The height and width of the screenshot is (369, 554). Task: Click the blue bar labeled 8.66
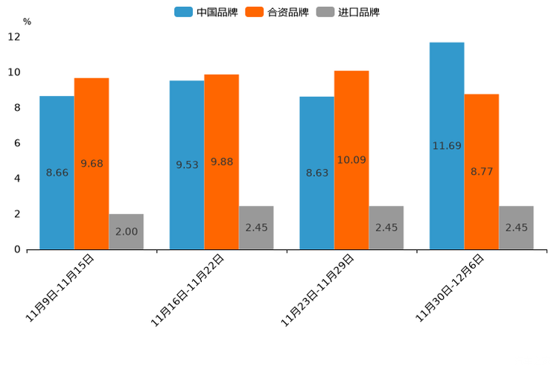[57, 173]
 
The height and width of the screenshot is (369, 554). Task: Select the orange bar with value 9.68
[92, 164]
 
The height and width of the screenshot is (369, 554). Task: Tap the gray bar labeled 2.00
[126, 231]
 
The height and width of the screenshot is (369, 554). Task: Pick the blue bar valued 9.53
[187, 164]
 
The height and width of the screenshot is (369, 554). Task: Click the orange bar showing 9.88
[221, 161]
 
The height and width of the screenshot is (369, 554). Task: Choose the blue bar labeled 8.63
[316, 173]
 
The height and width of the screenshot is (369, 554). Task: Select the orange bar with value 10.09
[351, 160]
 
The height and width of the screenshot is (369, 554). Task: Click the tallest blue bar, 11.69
[447, 146]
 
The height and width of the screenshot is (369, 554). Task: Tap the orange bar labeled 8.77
[482, 171]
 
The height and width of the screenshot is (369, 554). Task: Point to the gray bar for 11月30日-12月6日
[516, 228]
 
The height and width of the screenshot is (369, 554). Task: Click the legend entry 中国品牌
[206, 12]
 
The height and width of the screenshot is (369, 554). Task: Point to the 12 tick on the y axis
[14, 36]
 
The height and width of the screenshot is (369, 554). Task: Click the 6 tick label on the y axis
[17, 143]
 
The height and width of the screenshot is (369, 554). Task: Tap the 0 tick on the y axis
[17, 249]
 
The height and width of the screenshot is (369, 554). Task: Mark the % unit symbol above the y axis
[27, 22]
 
